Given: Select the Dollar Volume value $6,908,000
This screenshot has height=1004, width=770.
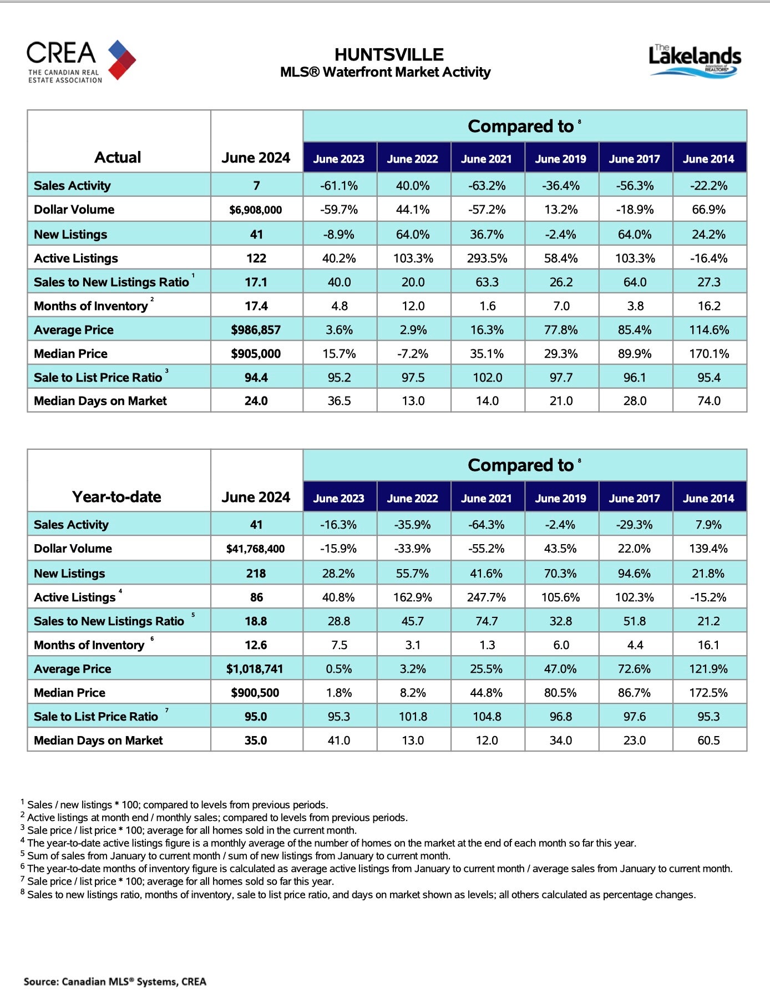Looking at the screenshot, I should click(x=256, y=210).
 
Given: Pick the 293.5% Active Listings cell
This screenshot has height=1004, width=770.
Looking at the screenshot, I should click(x=487, y=258).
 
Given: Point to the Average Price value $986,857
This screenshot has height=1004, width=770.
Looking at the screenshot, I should click(x=256, y=330).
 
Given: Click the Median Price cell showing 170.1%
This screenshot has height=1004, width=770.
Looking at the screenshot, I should click(x=708, y=354).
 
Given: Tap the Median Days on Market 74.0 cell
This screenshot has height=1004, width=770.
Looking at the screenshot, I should click(x=708, y=400).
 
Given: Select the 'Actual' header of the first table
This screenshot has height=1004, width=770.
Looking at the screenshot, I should click(x=118, y=158).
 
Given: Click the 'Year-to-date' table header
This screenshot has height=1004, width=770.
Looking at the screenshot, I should click(x=116, y=496).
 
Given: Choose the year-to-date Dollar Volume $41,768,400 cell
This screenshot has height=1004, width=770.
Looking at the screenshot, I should click(x=256, y=549).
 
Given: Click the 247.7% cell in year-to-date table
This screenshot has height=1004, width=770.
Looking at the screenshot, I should click(x=487, y=597).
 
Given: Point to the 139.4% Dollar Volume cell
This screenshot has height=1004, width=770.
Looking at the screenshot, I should click(x=708, y=549).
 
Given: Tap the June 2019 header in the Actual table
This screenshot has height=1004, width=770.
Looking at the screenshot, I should click(x=560, y=159).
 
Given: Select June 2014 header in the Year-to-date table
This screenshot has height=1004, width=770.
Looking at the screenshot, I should click(x=708, y=498).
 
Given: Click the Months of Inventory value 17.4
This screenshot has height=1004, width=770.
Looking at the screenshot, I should click(x=256, y=306).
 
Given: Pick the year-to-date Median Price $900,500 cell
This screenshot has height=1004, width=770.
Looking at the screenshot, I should click(x=256, y=693).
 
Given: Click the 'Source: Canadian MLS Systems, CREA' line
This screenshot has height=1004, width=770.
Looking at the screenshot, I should click(x=115, y=981).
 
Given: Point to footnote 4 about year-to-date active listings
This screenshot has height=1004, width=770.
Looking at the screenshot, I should click(x=331, y=843).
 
